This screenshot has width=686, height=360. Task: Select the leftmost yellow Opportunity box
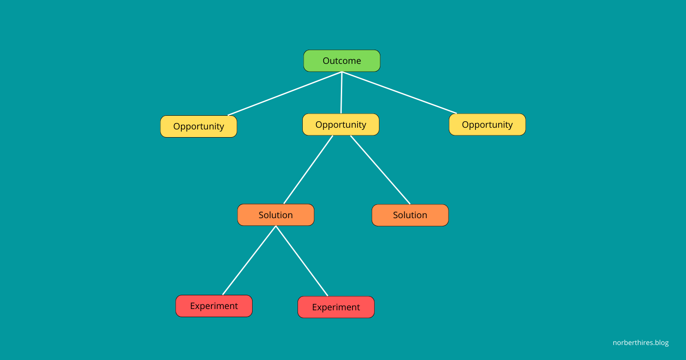[x=199, y=126]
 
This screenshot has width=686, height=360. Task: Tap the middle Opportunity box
[x=341, y=125]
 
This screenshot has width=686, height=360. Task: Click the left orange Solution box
[x=276, y=215]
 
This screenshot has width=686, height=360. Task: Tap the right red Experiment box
[x=336, y=307]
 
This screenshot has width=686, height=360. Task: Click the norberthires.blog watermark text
[x=641, y=343]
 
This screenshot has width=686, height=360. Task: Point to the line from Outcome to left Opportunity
[x=285, y=94]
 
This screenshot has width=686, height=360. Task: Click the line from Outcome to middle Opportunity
[x=341, y=93]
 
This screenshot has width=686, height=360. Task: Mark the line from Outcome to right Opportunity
[x=399, y=93]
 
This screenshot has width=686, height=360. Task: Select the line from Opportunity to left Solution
[x=308, y=170]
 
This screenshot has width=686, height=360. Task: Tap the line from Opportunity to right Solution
[x=380, y=170]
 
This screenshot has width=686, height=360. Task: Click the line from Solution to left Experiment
[x=249, y=261]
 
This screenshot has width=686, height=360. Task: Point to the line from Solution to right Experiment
[x=302, y=261]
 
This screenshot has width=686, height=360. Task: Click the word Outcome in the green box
[x=342, y=61]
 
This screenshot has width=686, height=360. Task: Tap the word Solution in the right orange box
[x=410, y=215]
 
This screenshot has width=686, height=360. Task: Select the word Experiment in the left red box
[x=214, y=306]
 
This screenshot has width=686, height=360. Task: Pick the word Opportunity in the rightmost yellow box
[x=487, y=125]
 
